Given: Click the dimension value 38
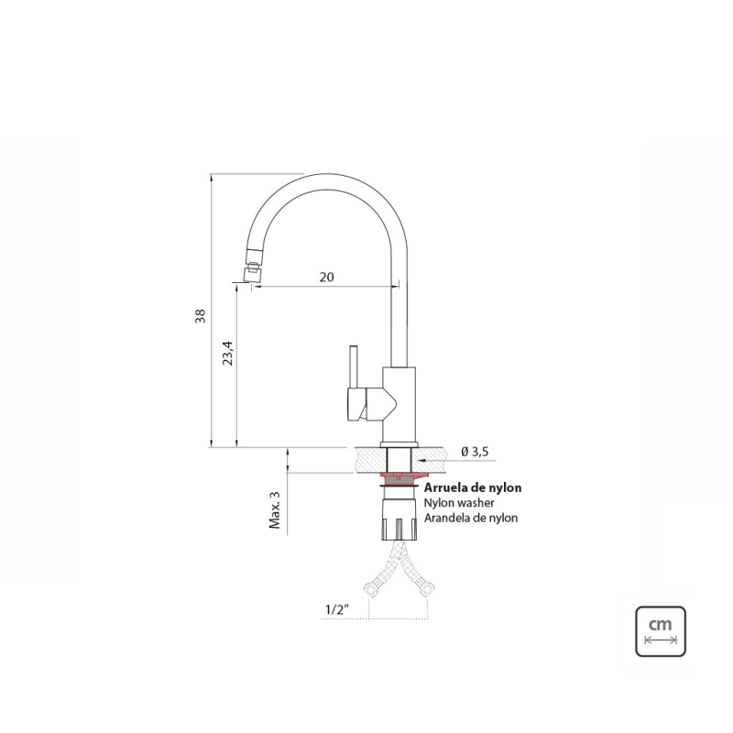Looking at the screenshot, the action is point(201,315).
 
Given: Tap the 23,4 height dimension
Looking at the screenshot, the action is point(227,353).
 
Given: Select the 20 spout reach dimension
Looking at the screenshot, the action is point(327,278).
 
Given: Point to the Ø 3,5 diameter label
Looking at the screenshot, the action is point(475,452).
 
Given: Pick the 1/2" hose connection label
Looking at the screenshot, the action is point(337,609).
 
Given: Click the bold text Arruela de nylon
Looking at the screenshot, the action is point(473,487).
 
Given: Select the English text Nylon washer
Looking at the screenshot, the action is point(459,503).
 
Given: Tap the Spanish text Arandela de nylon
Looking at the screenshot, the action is point(471,518).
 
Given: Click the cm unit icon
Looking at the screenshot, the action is point(660,631).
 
